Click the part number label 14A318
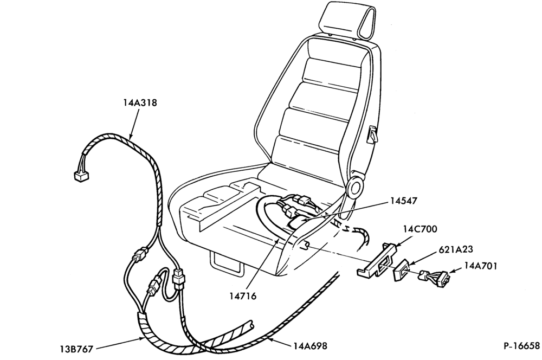140,102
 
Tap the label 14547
404,201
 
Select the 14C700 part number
420,229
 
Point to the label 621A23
456,249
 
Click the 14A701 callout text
480,266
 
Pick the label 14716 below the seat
243,296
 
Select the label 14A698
311,345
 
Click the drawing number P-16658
521,346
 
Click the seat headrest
347,19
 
